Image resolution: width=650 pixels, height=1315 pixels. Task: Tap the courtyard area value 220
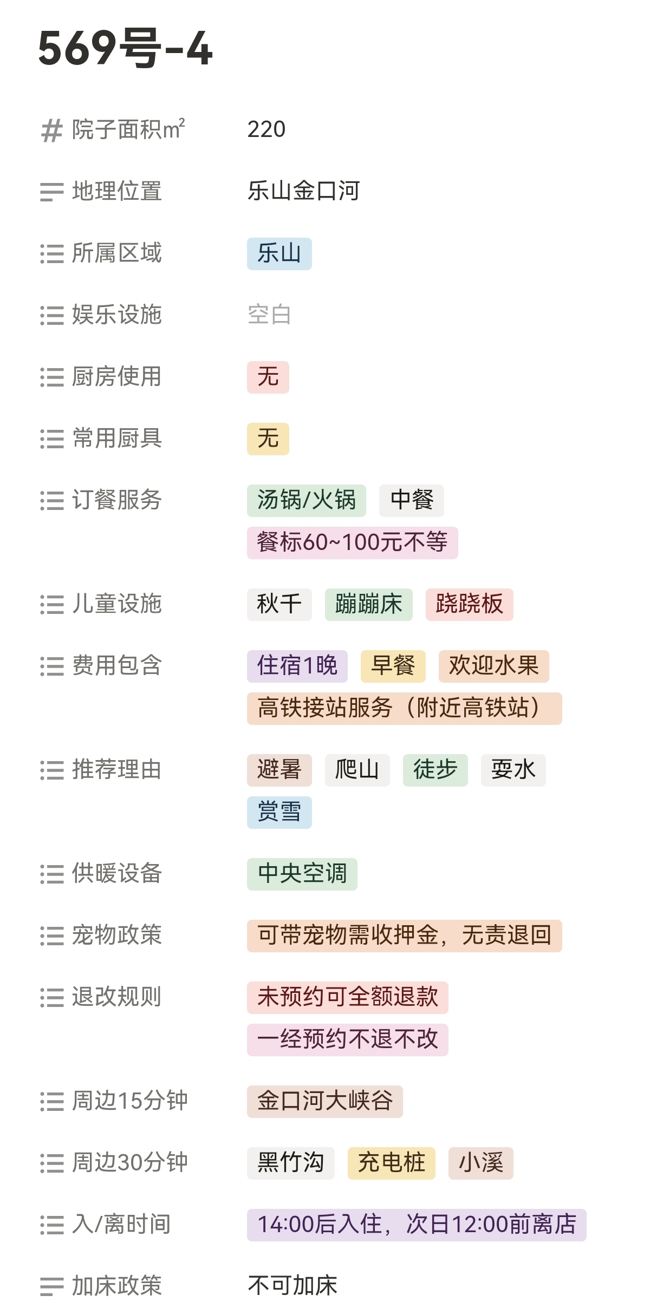click(266, 129)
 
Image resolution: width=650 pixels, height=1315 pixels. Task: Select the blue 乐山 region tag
click(279, 253)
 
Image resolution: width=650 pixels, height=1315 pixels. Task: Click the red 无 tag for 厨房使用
click(268, 377)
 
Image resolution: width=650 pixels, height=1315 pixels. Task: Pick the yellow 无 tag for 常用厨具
click(268, 439)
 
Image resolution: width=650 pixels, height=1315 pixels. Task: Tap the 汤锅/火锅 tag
click(306, 500)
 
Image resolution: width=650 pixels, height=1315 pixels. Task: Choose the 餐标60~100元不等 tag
click(352, 542)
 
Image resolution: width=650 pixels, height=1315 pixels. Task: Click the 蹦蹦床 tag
click(368, 604)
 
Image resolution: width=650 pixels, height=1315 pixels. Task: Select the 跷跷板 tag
click(469, 604)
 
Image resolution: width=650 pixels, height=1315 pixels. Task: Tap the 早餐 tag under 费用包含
click(393, 666)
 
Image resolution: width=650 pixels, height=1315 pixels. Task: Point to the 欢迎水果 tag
click(493, 666)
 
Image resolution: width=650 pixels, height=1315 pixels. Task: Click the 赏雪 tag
click(279, 812)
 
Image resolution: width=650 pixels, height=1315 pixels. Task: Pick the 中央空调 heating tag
click(302, 874)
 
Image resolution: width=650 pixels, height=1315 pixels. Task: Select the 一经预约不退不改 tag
click(347, 1039)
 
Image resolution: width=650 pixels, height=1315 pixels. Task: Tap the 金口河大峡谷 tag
click(324, 1101)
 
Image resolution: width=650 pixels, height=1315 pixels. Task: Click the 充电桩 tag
click(391, 1163)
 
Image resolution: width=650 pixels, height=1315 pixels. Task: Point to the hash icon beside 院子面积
click(51, 130)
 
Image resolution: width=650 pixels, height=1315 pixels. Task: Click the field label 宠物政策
click(116, 935)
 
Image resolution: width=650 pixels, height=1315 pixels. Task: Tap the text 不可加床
click(292, 1286)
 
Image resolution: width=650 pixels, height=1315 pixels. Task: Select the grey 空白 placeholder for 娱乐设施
click(269, 315)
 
